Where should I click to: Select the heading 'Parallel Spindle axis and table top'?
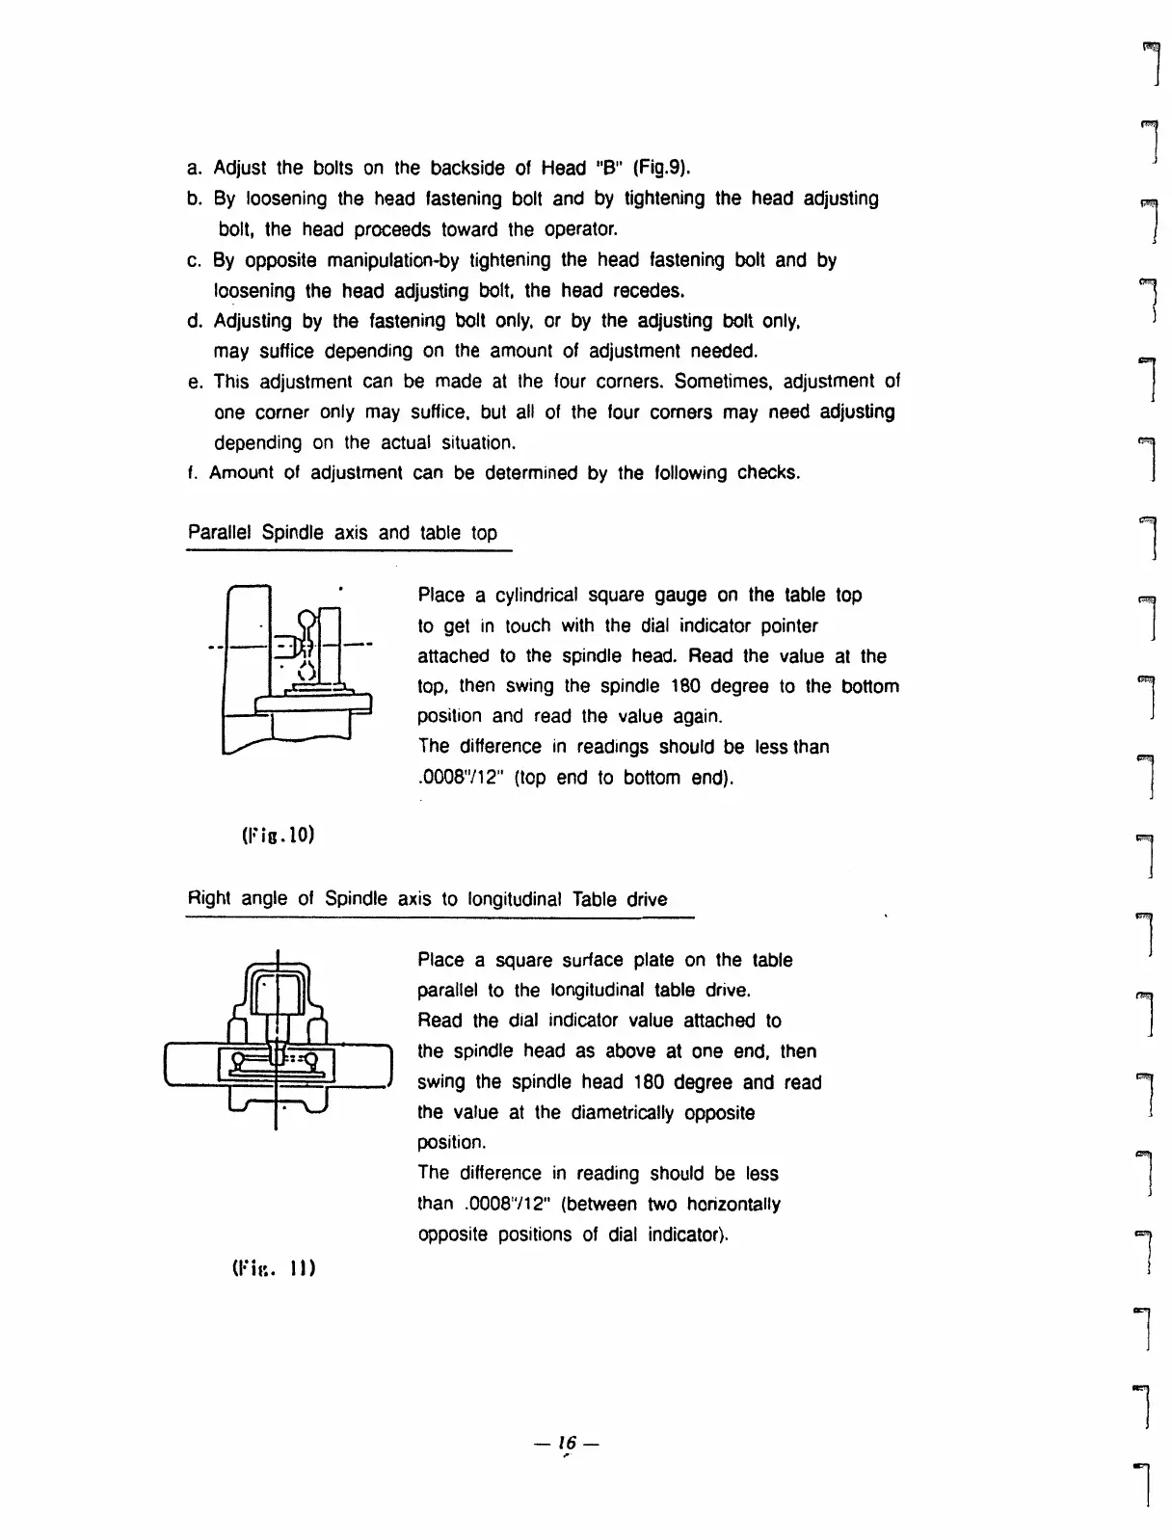(x=342, y=533)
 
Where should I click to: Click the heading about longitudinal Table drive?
(x=427, y=899)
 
